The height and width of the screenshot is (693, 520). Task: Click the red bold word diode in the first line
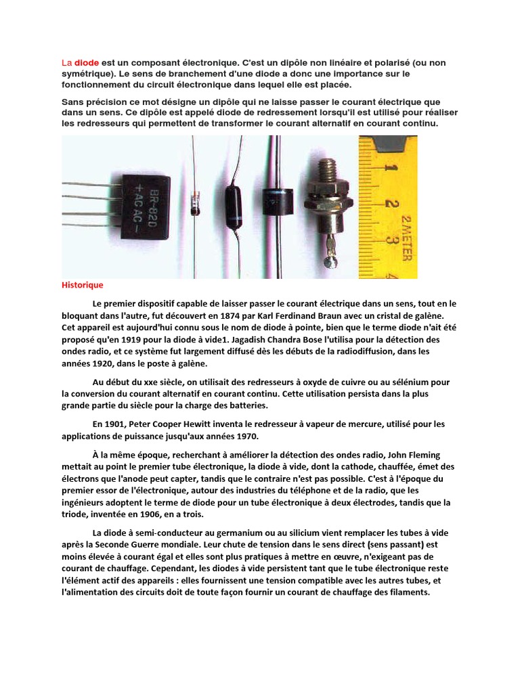coord(86,63)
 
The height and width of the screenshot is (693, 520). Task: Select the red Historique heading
coord(82,286)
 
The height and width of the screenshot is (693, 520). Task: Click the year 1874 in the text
coord(269,316)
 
